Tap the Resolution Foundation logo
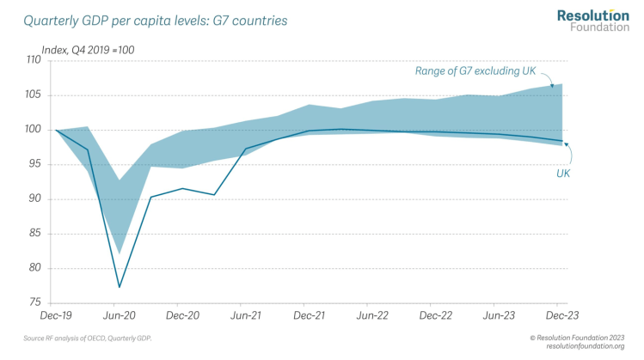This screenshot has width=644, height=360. click(592, 21)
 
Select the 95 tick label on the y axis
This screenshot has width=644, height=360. click(34, 164)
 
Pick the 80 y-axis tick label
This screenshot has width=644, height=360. click(34, 268)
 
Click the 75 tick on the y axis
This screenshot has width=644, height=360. click(34, 302)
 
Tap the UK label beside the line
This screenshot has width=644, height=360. click(562, 174)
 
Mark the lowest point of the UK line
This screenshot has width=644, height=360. click(120, 287)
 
